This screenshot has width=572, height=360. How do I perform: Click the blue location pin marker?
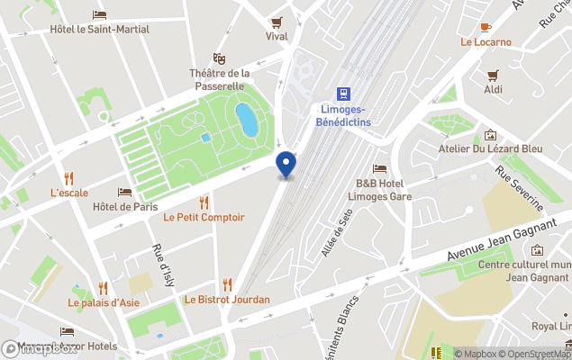(x=286, y=165)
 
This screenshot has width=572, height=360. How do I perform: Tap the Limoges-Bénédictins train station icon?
(x=343, y=94)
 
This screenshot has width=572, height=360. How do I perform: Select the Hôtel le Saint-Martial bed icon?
(x=99, y=15)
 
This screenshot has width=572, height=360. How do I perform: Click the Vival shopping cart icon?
(x=277, y=22)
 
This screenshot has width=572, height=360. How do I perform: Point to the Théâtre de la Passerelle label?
(x=220, y=79)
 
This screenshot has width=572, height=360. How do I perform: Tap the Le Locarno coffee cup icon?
(x=486, y=27)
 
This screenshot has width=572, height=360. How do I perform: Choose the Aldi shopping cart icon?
(x=493, y=76)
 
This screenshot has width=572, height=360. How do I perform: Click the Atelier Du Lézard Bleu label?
(x=490, y=148)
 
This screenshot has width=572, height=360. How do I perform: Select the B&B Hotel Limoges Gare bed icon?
(x=380, y=168)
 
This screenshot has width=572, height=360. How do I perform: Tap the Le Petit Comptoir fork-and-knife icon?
(x=204, y=202)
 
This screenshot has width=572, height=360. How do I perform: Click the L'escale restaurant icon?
(x=69, y=178)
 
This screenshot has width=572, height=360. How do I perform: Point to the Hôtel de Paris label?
(x=125, y=207)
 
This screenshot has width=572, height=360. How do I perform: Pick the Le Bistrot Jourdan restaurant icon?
(x=227, y=284)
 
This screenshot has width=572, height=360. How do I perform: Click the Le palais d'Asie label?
(x=104, y=302)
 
